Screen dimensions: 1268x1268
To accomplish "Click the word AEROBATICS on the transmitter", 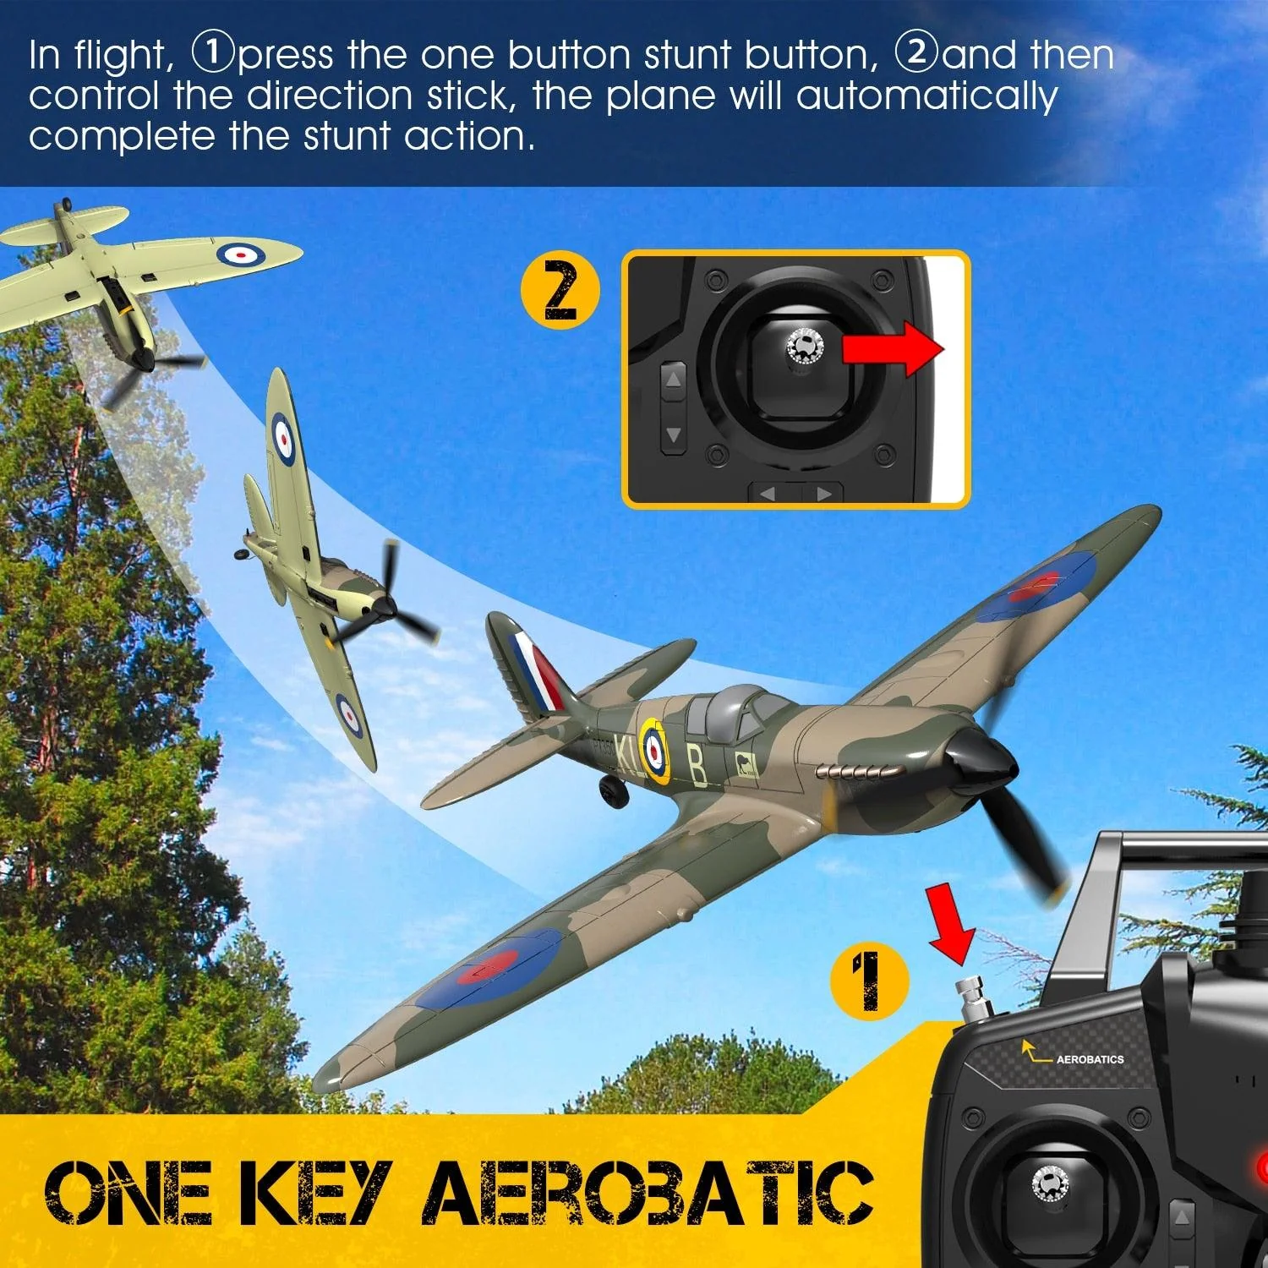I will point(1090,1058).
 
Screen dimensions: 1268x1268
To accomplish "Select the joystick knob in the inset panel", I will point(804,347).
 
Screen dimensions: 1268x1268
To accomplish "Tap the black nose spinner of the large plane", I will point(981,758).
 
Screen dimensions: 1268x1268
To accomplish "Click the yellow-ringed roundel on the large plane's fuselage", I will point(653,748).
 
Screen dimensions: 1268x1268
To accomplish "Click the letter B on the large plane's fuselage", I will point(697,766).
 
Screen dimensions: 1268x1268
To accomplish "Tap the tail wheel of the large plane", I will point(613,790).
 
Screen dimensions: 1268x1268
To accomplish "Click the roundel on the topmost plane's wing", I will point(241,252).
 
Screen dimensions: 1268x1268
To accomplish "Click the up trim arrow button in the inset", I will point(673,381).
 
